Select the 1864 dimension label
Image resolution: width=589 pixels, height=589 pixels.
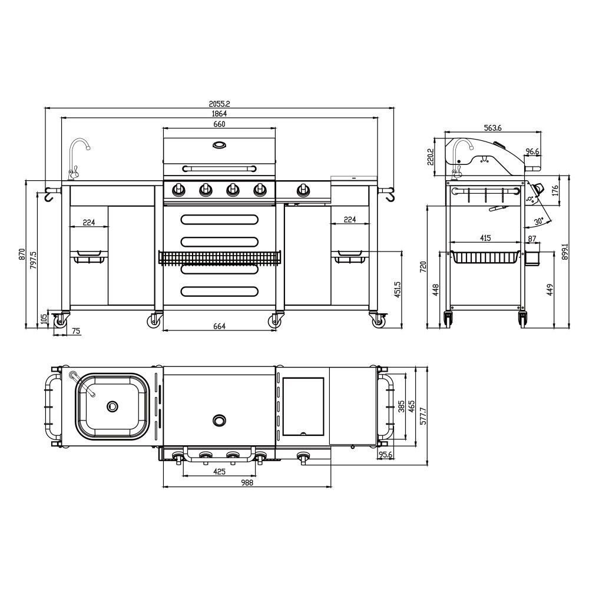click(x=219, y=114)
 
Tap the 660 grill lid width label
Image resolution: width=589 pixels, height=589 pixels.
click(x=219, y=124)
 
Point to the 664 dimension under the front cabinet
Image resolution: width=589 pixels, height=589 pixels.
click(x=219, y=326)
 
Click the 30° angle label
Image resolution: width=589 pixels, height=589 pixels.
click(x=539, y=221)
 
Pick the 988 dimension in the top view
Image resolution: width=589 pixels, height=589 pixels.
click(x=247, y=482)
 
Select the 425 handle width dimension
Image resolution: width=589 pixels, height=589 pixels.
click(x=219, y=471)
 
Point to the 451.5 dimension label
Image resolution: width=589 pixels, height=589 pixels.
click(x=398, y=289)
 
